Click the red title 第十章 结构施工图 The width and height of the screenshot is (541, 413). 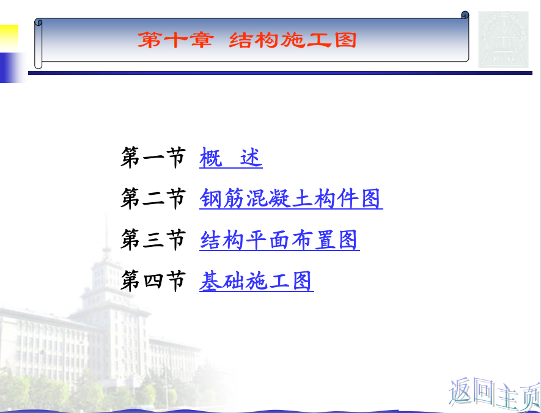(247, 40)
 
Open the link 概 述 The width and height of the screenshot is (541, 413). (231, 158)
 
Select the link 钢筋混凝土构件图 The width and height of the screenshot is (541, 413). (291, 199)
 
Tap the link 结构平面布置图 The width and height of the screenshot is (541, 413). (279, 240)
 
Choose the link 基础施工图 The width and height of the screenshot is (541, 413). (256, 281)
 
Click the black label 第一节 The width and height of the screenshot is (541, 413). (153, 158)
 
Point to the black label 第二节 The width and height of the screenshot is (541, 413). (153, 199)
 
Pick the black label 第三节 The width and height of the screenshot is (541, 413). (153, 239)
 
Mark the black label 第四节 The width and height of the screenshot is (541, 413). (153, 280)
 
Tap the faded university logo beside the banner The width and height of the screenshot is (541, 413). (503, 39)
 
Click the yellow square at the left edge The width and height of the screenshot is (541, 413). (9, 38)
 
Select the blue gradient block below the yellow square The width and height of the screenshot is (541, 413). (12, 68)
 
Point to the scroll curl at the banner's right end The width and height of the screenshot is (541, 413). (465, 15)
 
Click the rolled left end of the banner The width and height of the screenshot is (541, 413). (39, 44)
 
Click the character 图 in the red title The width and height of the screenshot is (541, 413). (345, 40)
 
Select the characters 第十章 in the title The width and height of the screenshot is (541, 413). (175, 40)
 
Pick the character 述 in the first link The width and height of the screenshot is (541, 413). (251, 158)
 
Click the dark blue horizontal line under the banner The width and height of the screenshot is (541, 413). (280, 73)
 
